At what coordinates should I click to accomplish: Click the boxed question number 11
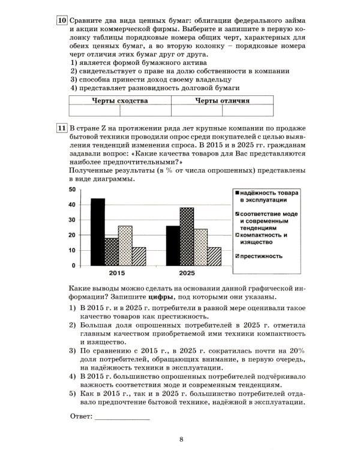(x=62, y=129)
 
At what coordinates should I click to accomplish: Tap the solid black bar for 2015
(x=98, y=232)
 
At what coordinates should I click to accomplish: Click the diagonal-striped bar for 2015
(x=139, y=256)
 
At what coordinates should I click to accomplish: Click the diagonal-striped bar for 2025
(x=214, y=256)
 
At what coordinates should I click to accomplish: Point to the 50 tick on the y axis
(x=71, y=190)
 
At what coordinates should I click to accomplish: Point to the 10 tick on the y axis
(x=71, y=250)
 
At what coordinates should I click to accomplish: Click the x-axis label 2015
(x=118, y=274)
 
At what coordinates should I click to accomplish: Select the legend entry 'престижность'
(x=262, y=256)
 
